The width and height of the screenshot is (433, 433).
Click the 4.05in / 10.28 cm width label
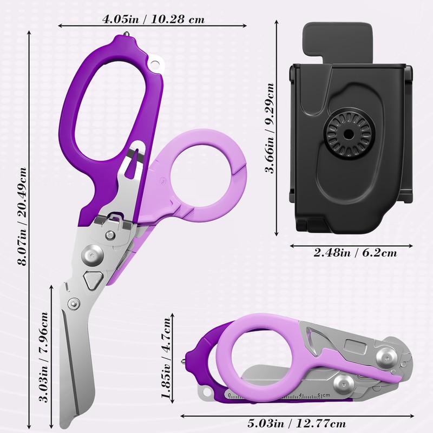153,19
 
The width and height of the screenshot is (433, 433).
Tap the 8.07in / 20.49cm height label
22,216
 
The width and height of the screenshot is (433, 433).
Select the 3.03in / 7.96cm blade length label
43,357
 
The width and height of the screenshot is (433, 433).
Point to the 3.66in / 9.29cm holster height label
269,128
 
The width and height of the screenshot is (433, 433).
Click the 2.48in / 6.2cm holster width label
355,253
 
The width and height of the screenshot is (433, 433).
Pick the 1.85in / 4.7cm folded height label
166,358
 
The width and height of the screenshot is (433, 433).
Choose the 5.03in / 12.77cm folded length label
297,423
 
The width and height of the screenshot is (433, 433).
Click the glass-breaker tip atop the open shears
126,34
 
